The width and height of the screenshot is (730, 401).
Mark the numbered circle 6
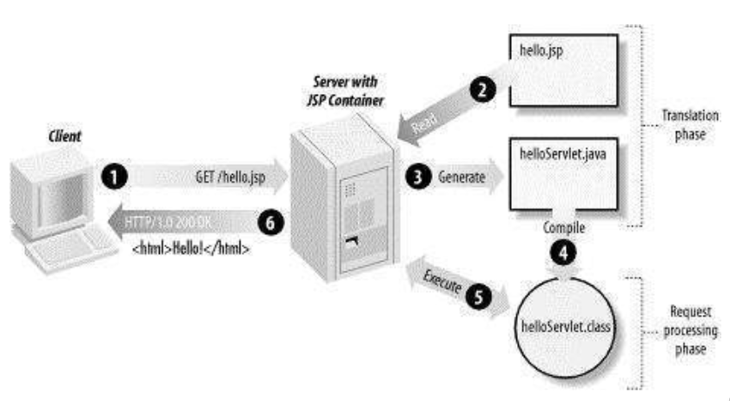[272, 224]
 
